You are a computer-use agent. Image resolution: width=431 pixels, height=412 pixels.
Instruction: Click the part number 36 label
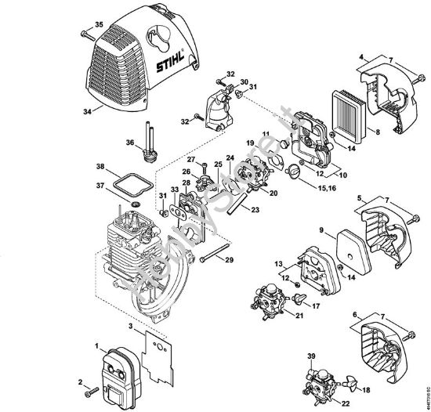point(129,142)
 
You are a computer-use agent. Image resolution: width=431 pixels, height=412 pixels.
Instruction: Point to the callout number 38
point(100,167)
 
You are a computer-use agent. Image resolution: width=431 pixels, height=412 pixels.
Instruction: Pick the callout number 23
point(256,209)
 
